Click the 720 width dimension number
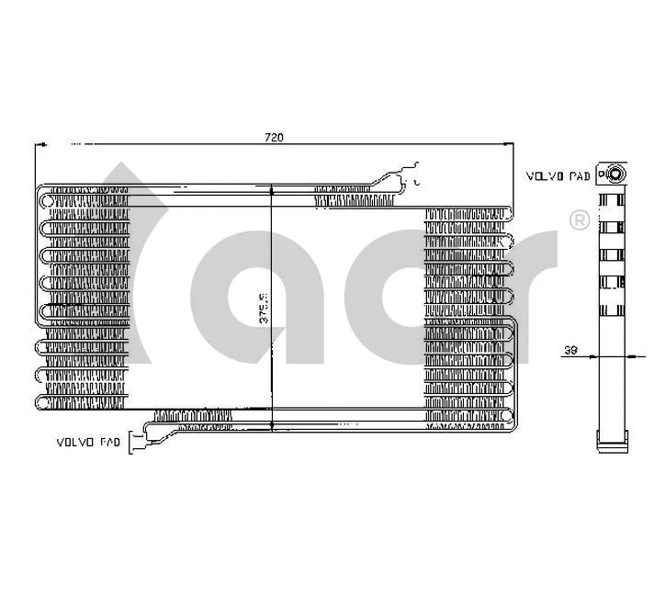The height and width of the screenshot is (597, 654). [x=273, y=138]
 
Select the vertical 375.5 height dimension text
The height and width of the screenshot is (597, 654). [x=263, y=308]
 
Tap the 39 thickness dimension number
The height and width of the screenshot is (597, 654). [x=569, y=350]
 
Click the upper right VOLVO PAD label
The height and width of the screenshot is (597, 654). [x=558, y=175]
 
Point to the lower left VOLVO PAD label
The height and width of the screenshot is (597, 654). [x=88, y=443]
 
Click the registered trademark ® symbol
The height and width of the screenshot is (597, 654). [x=580, y=220]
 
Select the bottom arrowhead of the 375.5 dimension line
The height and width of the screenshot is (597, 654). [x=272, y=424]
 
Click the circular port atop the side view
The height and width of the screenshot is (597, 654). [x=612, y=174]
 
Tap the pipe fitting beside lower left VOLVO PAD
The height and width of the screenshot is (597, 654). [x=138, y=443]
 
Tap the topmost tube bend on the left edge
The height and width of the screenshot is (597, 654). [x=42, y=197]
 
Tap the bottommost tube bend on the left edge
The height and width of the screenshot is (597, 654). [x=42, y=400]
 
